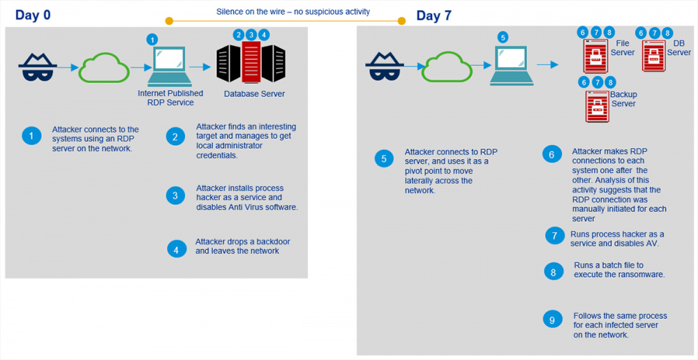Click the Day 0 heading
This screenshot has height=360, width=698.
coord(33,15)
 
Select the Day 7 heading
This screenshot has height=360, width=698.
coord(434,15)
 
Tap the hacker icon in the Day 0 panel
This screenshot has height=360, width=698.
coord(38,67)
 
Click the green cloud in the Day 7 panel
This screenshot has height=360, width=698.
coord(447,66)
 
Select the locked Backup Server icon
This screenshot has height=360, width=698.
coord(597,105)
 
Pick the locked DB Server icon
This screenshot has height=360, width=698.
coord(653,55)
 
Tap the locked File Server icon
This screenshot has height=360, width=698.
coord(595,56)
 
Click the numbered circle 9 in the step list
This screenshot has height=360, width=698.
coord(552,320)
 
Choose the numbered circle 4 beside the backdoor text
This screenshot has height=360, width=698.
coord(177,249)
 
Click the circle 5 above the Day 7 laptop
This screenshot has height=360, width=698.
coord(503,38)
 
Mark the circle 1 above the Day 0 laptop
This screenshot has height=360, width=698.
coord(152,39)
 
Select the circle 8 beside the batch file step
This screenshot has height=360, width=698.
coord(554,271)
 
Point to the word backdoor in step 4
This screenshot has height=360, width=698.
coord(271,241)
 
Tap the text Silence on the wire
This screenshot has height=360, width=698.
coord(251,12)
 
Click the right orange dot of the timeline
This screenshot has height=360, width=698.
coord(401,20)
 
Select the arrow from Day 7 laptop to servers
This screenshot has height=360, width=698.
coord(547,65)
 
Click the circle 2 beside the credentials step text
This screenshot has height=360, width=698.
coord(175,137)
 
